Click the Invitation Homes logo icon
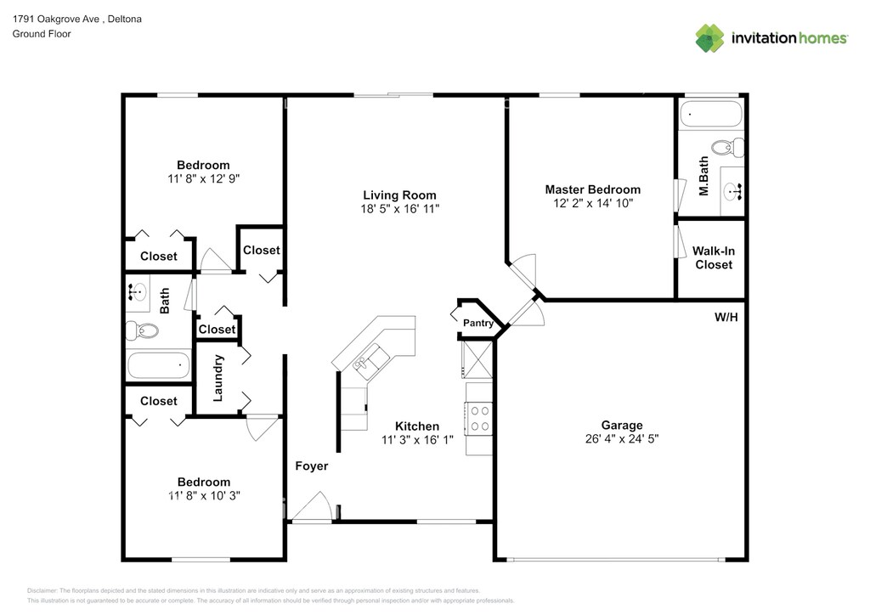pyautogui.click(x=709, y=38)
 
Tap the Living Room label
pyautogui.click(x=399, y=195)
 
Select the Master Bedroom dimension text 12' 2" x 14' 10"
pyautogui.click(x=592, y=204)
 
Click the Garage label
pyautogui.click(x=622, y=426)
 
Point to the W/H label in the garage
pyautogui.click(x=726, y=317)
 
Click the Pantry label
pyautogui.click(x=478, y=323)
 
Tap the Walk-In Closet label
pyautogui.click(x=714, y=258)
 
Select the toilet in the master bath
pyautogui.click(x=727, y=148)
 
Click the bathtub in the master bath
pyautogui.click(x=711, y=114)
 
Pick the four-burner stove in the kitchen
pyautogui.click(x=479, y=419)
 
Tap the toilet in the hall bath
pyautogui.click(x=142, y=331)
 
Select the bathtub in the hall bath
pyautogui.click(x=159, y=365)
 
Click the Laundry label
pyautogui.click(x=218, y=378)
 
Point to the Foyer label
pyautogui.click(x=311, y=466)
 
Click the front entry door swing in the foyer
pyautogui.click(x=313, y=505)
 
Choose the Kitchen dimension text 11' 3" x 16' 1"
pyautogui.click(x=417, y=440)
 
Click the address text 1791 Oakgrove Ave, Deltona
pyautogui.click(x=77, y=19)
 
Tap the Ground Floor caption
pyautogui.click(x=42, y=34)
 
